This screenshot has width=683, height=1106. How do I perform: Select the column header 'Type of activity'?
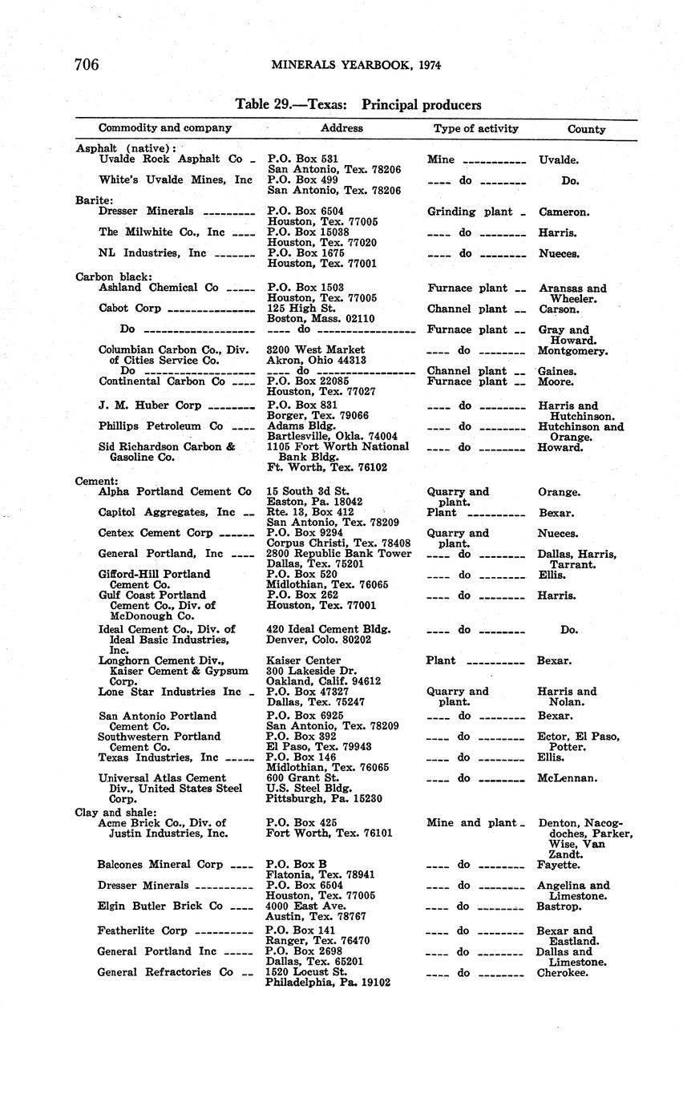(475, 128)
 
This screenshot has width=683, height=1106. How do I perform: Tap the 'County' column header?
(586, 129)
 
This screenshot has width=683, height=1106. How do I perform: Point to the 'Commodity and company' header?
(164, 127)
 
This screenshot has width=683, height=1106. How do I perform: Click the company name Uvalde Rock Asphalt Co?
(170, 159)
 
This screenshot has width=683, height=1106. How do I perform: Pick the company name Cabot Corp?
(129, 309)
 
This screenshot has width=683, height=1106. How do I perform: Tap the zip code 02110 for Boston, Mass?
(358, 319)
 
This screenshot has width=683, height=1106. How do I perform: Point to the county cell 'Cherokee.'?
(562, 973)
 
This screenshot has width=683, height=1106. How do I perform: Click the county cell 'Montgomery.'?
(572, 351)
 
